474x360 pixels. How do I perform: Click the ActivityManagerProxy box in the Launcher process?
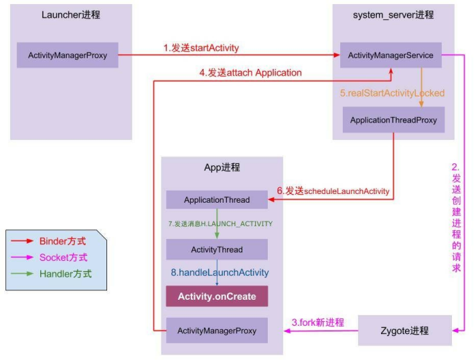pyautogui.click(x=68, y=56)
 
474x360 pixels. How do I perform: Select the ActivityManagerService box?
pyautogui.click(x=391, y=56)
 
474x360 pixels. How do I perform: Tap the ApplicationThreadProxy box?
pyautogui.click(x=393, y=120)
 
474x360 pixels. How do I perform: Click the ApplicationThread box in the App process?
pyautogui.click(x=216, y=199)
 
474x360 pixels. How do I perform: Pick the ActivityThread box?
pyautogui.click(x=216, y=250)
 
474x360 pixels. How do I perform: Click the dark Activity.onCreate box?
pyautogui.click(x=216, y=296)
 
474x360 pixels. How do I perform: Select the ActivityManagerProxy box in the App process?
pyautogui.click(x=216, y=331)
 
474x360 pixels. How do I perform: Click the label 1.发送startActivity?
pyautogui.click(x=201, y=48)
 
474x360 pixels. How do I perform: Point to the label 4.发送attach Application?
pyautogui.click(x=250, y=72)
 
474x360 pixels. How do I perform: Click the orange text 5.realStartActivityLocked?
pyautogui.click(x=392, y=93)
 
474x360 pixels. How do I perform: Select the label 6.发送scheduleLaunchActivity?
pyautogui.click(x=333, y=191)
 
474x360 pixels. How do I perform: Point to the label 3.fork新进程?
pyautogui.click(x=317, y=323)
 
